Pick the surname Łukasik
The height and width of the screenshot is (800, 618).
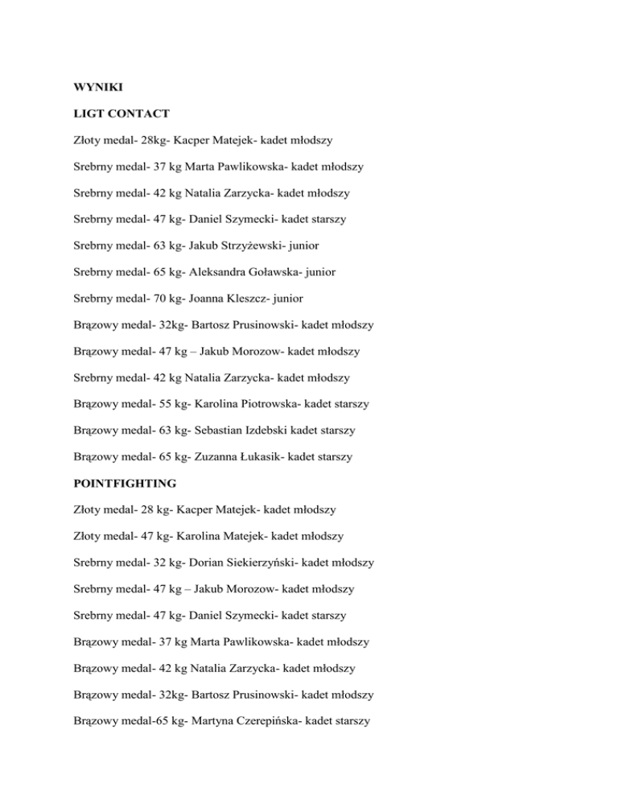[x=262, y=456]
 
